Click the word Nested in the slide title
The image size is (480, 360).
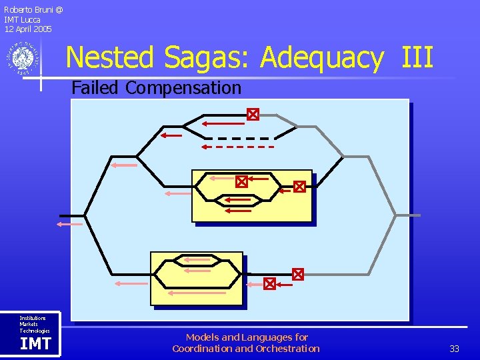[x=109, y=57]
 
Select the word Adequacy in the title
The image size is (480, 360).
[x=321, y=59]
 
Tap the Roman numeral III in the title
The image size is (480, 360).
[x=417, y=57]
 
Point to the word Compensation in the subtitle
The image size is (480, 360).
[x=183, y=88]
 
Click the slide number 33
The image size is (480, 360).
[x=455, y=349]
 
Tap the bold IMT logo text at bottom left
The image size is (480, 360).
[x=35, y=344]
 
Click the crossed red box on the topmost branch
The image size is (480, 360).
[x=252, y=115]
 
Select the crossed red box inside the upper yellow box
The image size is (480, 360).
[x=241, y=181]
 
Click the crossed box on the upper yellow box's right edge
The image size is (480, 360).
[x=299, y=187]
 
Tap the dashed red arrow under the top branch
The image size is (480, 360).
[x=238, y=147]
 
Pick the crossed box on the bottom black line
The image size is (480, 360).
[x=269, y=284]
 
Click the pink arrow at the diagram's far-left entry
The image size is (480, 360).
[x=69, y=225]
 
